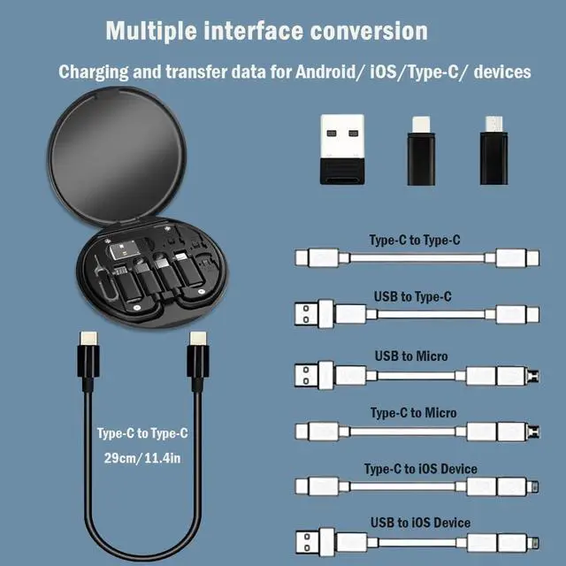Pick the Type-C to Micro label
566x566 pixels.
pyautogui.click(x=413, y=412)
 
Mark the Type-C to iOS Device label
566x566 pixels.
pyautogui.click(x=420, y=469)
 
